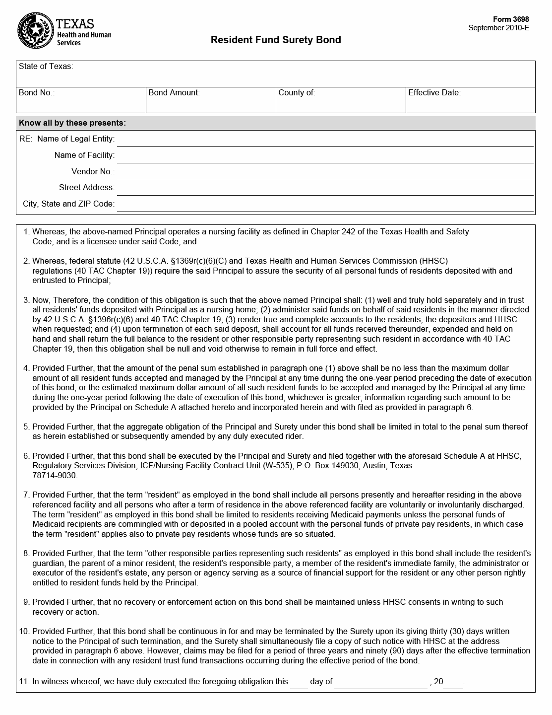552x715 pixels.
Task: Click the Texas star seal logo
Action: pos(35,31)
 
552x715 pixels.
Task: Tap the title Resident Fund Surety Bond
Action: pos(276,40)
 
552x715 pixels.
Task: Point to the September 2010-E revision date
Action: pos(498,28)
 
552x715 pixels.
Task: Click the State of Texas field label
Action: pos(46,67)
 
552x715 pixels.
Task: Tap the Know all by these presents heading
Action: pos(72,123)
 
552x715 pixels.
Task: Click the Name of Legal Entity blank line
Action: pos(325,141)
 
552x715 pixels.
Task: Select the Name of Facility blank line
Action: pos(325,157)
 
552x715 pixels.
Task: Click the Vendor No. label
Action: pos(93,172)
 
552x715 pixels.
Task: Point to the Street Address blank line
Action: pos(325,190)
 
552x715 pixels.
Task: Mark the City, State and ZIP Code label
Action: pos(68,204)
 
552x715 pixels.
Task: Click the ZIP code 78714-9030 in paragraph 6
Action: pos(55,475)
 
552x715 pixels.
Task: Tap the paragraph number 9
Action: pos(27,602)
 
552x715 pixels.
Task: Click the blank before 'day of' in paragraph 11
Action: pos(299,683)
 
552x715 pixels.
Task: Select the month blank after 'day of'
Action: pos(380,683)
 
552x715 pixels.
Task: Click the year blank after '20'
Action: pos(453,683)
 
